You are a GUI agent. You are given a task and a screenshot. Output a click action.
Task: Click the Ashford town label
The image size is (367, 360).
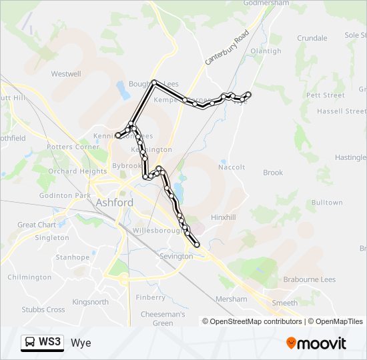click(x=114, y=202)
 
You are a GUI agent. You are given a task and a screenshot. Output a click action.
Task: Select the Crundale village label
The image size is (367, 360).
click(x=312, y=38)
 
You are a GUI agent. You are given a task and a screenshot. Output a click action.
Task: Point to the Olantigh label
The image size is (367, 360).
click(x=266, y=51)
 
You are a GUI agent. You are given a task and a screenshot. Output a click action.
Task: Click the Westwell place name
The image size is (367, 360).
click(x=65, y=74)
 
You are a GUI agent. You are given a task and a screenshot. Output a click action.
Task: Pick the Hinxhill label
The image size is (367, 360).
click(x=224, y=217)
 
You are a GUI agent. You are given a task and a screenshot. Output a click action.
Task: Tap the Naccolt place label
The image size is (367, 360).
click(x=232, y=167)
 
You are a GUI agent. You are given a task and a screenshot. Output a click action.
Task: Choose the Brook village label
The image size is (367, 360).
click(x=273, y=173)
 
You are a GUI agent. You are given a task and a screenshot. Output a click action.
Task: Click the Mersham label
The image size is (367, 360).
click(x=231, y=299)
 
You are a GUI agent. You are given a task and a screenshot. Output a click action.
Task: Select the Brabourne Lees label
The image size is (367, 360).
click(x=310, y=280)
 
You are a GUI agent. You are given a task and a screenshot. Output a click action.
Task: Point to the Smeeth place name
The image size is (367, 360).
click(x=285, y=303)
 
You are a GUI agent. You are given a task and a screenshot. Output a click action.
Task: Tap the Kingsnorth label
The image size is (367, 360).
click(x=90, y=302)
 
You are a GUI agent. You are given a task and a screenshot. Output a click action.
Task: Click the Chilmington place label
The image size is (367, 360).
click(x=29, y=277)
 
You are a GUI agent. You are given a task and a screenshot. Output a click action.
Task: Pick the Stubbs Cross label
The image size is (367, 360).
click(x=43, y=309)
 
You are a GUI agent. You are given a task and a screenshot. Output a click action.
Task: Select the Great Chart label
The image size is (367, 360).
click(x=37, y=225)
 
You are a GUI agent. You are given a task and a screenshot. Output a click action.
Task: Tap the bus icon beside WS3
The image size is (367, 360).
click(x=30, y=343)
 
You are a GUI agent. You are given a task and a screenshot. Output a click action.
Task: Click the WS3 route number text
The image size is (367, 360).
click(x=50, y=343)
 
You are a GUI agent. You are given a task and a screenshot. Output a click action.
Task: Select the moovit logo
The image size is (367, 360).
click(x=316, y=343)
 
